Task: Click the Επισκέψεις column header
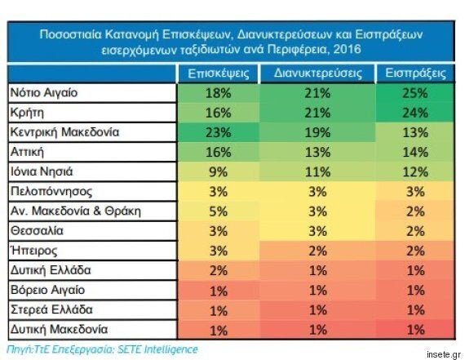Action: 219,73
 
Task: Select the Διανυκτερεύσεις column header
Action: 318,73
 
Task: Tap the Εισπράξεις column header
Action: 415,73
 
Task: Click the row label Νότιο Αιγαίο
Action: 44,93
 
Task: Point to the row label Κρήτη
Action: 27,113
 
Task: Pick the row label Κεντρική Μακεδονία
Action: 64,132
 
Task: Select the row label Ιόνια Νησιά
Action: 42,171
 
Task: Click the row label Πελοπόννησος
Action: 51,191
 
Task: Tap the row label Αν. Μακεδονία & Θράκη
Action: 76,211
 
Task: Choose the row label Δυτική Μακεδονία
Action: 59,330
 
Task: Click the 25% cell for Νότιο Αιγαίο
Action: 415,93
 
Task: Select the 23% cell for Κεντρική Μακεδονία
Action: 219,132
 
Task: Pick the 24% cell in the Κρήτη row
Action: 415,113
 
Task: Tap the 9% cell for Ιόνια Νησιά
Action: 219,172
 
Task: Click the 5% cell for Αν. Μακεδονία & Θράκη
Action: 219,211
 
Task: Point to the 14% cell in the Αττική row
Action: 415,153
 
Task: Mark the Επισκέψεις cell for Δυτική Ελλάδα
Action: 219,271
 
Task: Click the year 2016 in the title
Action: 348,49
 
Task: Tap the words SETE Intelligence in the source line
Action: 157,349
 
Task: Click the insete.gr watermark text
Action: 444,354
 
